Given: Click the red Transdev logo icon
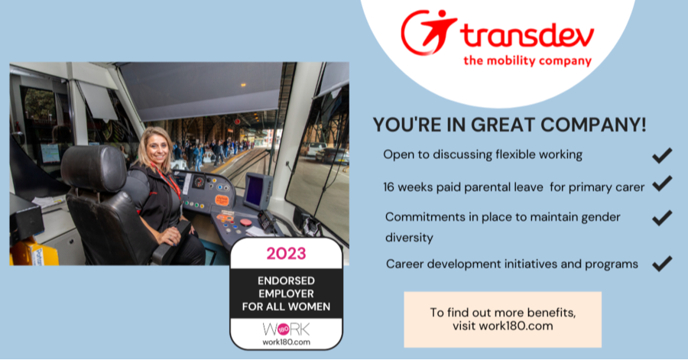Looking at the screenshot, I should (429, 32).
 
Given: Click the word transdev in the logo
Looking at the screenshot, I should (527, 35).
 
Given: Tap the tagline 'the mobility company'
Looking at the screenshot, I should (527, 61).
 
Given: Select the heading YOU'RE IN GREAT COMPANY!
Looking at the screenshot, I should (509, 124).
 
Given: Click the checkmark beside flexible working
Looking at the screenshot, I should (661, 155).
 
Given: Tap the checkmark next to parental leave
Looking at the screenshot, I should (661, 183).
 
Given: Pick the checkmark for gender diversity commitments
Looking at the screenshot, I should (661, 218).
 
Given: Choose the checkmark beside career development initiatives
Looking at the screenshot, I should (661, 264).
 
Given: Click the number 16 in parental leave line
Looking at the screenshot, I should (391, 186).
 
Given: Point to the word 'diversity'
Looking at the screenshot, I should (409, 237).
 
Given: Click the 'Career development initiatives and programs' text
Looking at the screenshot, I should (511, 264).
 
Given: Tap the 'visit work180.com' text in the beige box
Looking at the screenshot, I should (502, 326).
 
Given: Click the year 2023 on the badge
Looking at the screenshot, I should (285, 252).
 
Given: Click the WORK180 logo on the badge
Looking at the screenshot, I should (285, 331).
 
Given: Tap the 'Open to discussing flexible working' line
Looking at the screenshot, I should (482, 154).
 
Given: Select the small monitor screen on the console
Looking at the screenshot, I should (258, 189).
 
